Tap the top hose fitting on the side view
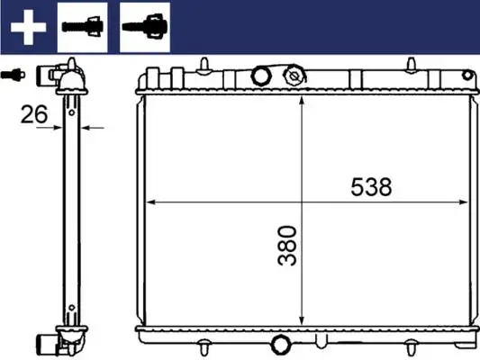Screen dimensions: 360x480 tap(55, 75)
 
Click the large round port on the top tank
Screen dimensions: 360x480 tap(263, 76)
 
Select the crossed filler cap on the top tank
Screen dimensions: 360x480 tap(294, 76)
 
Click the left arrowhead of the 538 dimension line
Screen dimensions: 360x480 tap(149, 202)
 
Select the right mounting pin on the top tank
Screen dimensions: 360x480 tap(412, 63)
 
